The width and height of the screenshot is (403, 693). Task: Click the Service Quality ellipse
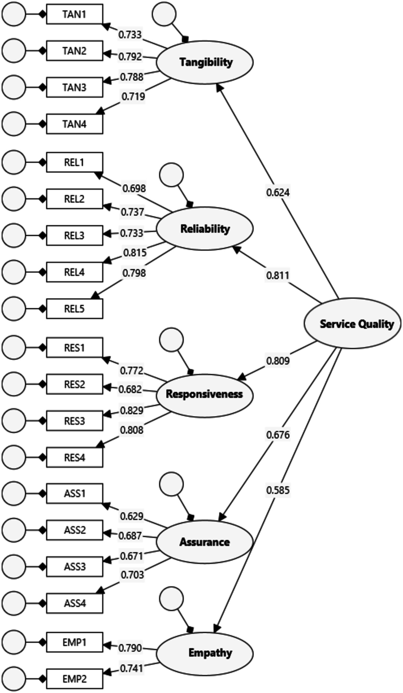352,323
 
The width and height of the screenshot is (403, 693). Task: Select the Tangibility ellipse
205,62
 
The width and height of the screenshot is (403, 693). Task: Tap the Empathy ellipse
205,653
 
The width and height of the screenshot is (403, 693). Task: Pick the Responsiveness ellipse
205,394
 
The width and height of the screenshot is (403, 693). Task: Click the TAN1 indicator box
75,14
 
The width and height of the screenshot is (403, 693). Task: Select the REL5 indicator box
75,309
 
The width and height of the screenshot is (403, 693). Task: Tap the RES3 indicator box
75,421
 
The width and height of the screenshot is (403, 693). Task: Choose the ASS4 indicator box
75,603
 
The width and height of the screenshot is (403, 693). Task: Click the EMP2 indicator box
75,679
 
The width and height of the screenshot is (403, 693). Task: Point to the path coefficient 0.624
278,192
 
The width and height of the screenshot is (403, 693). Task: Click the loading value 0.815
135,253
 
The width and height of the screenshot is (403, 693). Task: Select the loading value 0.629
132,516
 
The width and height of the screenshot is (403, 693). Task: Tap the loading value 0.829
132,410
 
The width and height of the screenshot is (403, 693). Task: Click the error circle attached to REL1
14,162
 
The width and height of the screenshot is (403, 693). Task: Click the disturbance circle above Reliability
171,175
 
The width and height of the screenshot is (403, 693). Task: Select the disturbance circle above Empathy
171,599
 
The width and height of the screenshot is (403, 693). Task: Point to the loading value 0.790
130,648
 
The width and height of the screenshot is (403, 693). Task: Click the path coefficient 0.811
278,275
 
